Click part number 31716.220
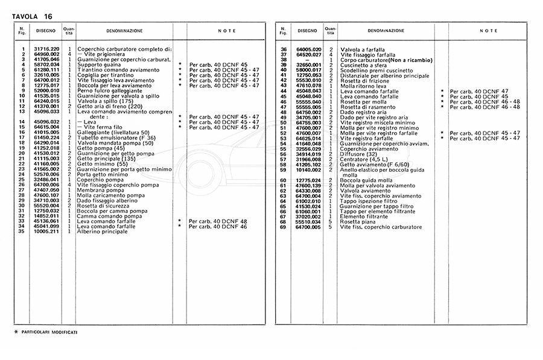point(46,48)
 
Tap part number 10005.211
point(46,232)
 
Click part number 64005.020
point(309,48)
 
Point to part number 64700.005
point(309,226)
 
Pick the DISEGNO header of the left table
point(45,30)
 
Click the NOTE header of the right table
point(489,30)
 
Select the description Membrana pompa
point(97,189)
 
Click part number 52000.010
point(46,90)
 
